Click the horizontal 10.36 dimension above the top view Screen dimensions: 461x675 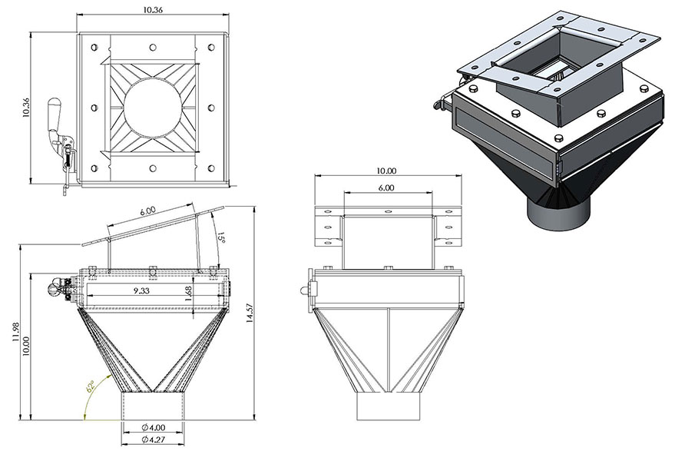click(x=154, y=11)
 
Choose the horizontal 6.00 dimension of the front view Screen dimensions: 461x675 click(x=386, y=187)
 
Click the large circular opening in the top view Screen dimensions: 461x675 click(x=154, y=108)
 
